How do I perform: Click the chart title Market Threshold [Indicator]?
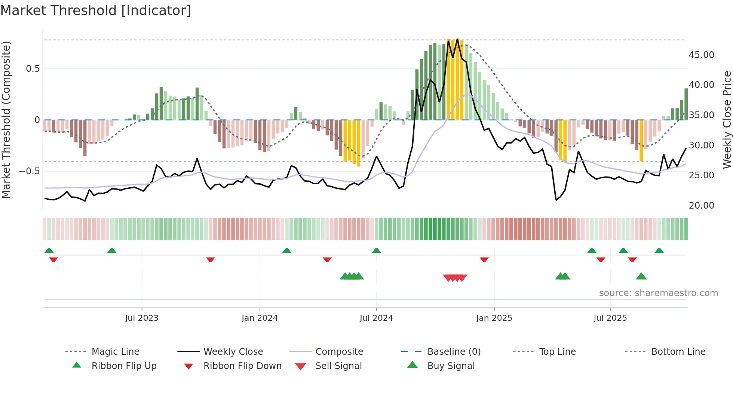point(96,10)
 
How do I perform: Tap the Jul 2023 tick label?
point(142,318)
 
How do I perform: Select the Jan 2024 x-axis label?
point(260,318)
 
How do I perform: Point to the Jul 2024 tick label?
point(376,318)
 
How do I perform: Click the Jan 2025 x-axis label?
point(494,318)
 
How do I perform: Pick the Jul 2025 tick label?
point(610,318)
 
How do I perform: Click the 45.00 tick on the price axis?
point(701,55)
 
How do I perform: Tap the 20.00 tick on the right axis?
point(701,206)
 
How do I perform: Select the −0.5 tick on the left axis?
point(29,171)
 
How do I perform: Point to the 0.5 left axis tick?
point(33,69)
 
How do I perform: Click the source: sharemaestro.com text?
point(658,293)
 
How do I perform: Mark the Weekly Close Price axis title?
point(727,120)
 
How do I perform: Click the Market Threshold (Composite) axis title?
point(6,120)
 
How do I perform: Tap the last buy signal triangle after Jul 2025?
point(641,276)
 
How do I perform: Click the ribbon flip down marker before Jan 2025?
point(484,259)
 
